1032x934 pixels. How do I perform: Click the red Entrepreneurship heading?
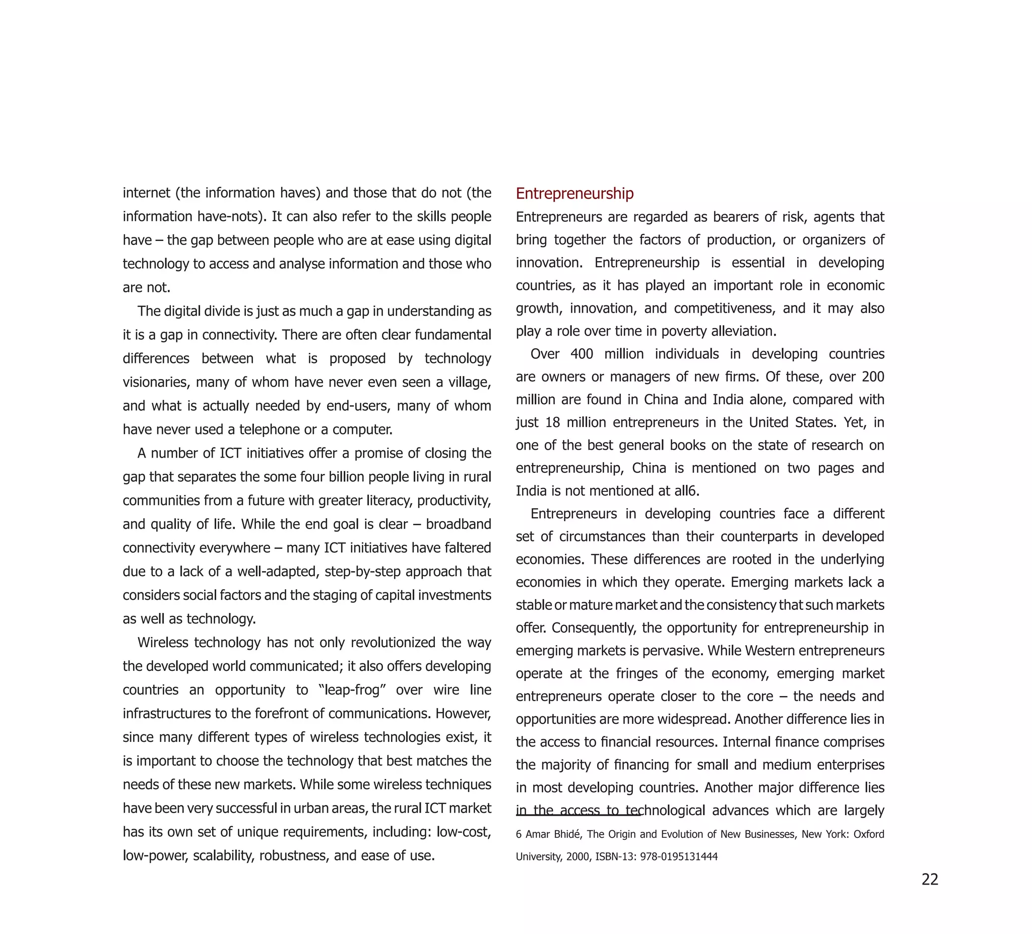click(x=574, y=194)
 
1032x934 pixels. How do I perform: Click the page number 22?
click(x=930, y=879)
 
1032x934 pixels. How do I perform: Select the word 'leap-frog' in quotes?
click(x=352, y=690)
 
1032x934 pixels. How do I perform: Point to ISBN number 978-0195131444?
click(x=679, y=857)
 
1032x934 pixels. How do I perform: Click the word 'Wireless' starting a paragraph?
click(x=163, y=642)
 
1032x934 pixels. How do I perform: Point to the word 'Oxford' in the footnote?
click(x=869, y=834)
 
